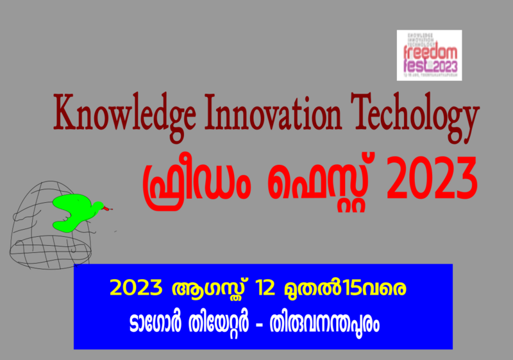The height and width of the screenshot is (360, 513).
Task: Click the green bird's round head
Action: click(x=97, y=206)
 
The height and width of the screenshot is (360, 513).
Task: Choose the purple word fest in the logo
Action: click(x=414, y=65)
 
